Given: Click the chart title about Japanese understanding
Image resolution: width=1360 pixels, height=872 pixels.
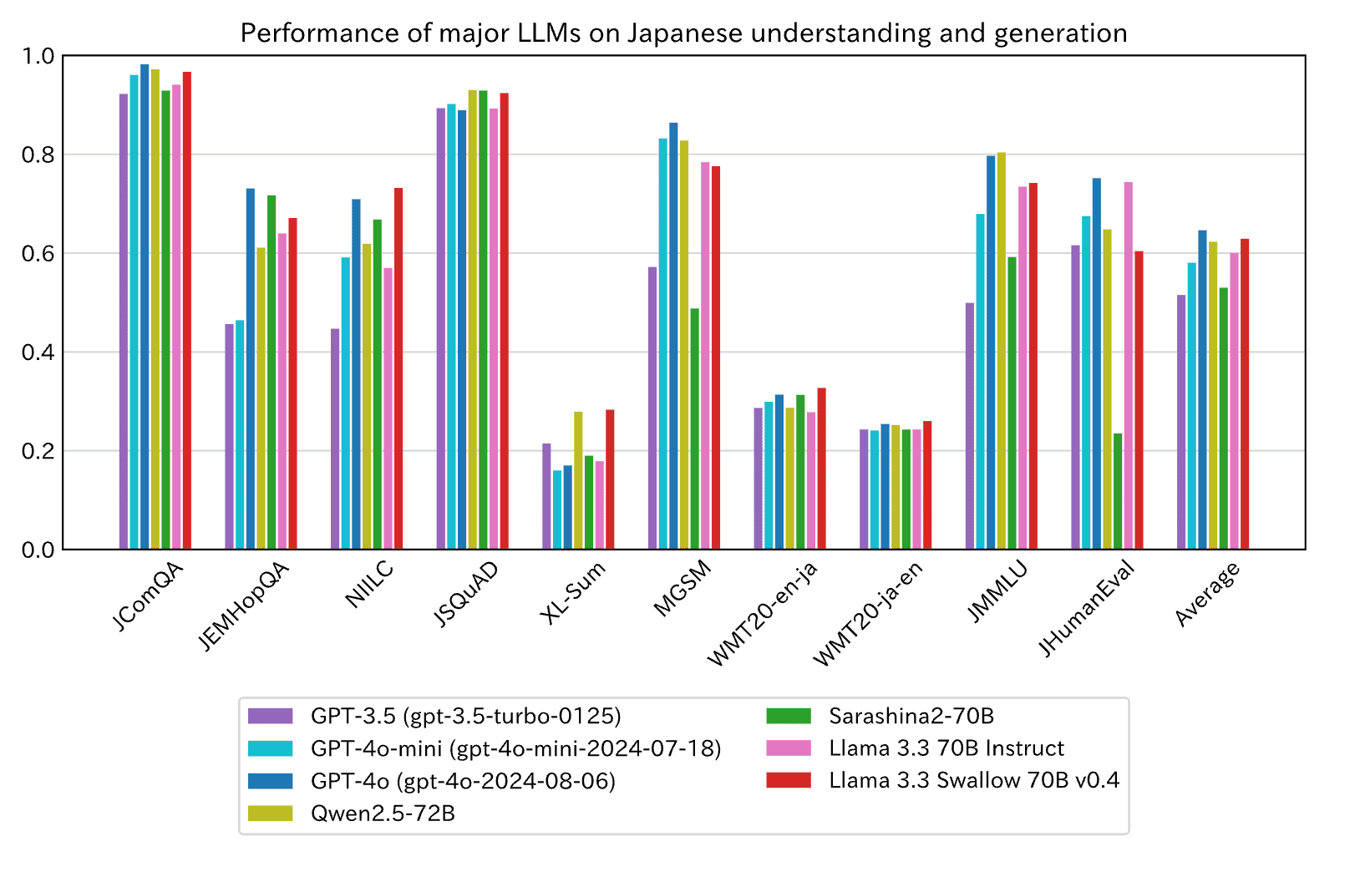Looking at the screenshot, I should coord(683,33).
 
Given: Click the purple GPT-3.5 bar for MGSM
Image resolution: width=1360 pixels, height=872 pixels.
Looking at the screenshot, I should coord(652,408).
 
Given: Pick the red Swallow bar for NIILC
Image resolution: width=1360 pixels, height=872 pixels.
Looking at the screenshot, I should coord(398,368).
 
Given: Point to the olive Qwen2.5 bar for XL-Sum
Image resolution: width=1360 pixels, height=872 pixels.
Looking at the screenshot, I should coord(578,480).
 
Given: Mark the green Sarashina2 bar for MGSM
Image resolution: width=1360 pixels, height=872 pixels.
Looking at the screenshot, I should coord(695,429).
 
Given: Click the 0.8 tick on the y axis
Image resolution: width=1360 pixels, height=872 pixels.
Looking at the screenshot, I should coord(38,155).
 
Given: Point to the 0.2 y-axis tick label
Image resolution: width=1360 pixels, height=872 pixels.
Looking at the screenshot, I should coord(38,451).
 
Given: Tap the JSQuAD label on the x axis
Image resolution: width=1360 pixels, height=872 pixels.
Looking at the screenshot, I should coord(466,594).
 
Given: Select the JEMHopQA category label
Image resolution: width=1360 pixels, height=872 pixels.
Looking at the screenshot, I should coord(244,606).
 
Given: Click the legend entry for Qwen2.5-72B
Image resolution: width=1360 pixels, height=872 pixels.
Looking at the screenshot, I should coord(383,814).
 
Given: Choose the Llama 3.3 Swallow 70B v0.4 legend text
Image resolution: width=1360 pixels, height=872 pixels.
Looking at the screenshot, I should coord(974,781).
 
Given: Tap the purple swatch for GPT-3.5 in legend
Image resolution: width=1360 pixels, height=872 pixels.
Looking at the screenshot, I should coord(271,717).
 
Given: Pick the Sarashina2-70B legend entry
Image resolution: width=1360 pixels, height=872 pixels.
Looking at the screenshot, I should coord(911,717).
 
